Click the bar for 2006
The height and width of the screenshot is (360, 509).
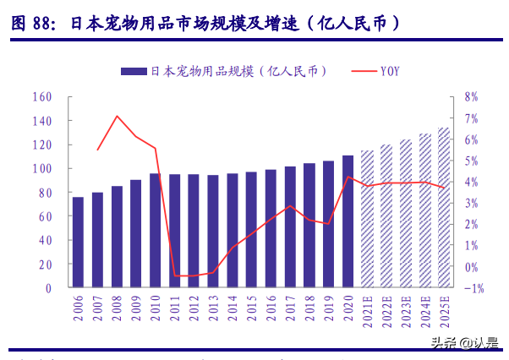tap(78, 243)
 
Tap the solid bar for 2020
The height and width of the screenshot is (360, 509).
tap(348, 221)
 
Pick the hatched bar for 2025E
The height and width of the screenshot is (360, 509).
tap(444, 208)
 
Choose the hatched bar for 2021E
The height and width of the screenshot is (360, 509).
tap(367, 219)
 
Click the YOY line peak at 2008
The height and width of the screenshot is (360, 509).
tap(117, 116)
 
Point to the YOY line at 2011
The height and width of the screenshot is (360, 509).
tap(175, 275)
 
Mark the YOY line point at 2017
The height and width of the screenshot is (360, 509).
tap(290, 206)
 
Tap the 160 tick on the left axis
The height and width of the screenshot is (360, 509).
tap(41, 96)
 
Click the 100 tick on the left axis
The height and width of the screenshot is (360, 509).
tap(41, 168)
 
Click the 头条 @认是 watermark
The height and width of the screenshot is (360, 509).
tap(464, 342)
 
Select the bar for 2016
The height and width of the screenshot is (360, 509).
tap(271, 228)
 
